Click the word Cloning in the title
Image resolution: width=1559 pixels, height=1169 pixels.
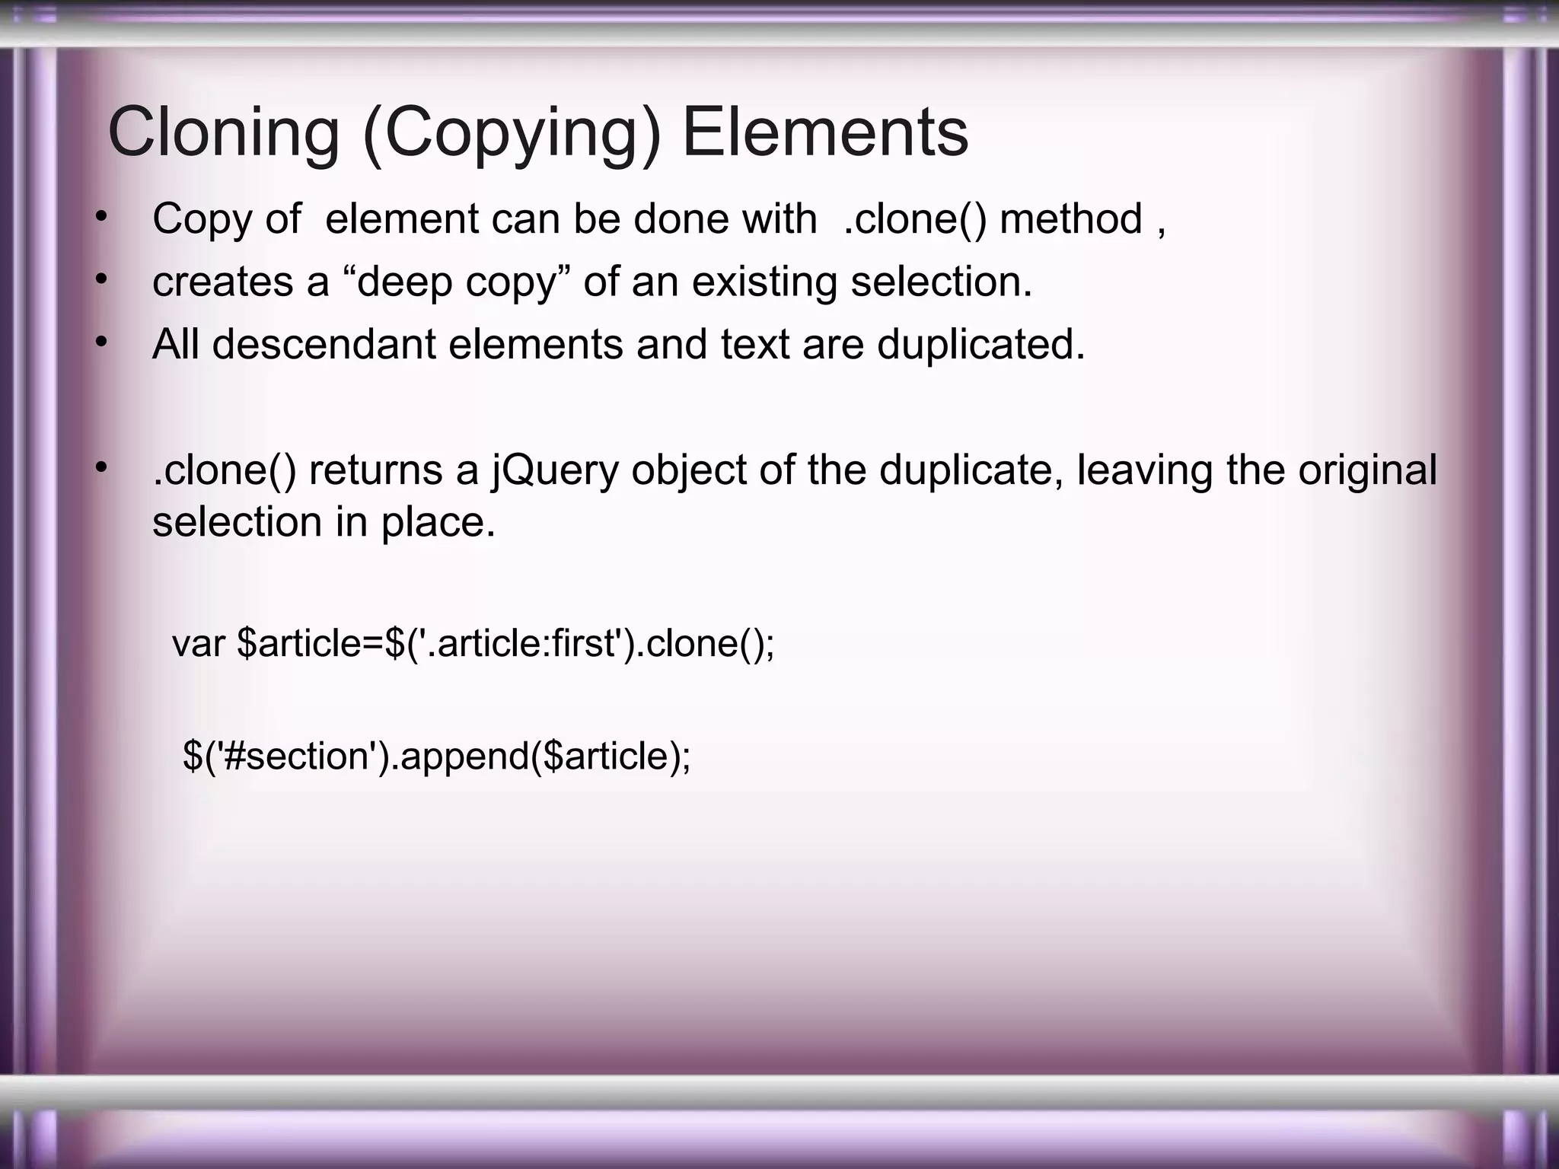coord(223,133)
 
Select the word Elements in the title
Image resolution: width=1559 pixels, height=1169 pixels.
coord(825,133)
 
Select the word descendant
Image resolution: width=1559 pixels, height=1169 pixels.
coord(323,344)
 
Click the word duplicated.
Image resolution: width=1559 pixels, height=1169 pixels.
coord(981,344)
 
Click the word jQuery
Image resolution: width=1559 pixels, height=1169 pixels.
coord(556,470)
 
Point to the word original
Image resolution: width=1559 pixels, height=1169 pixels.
coord(1367,470)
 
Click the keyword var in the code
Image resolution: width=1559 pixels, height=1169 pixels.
coord(199,643)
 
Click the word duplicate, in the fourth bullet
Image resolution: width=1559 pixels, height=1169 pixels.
coord(971,470)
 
